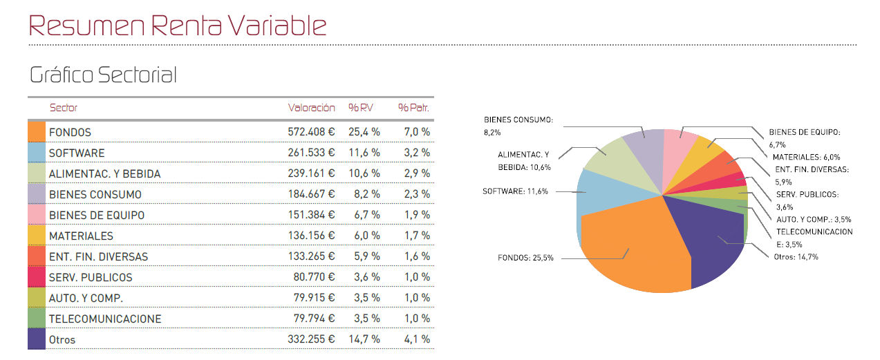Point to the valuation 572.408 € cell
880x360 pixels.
pyautogui.click(x=311, y=132)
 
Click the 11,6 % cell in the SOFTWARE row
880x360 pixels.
pyautogui.click(x=364, y=153)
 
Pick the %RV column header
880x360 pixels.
pyautogui.click(x=360, y=108)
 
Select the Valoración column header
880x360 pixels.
pyautogui.click(x=311, y=108)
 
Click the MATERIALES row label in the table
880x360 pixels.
pyautogui.click(x=81, y=236)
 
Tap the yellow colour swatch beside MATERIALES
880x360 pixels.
pyautogui.click(x=37, y=236)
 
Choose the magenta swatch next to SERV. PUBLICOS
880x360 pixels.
pyautogui.click(x=37, y=277)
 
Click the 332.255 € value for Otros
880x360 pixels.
pyautogui.click(x=311, y=339)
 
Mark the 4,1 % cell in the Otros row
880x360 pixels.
pyautogui.click(x=417, y=339)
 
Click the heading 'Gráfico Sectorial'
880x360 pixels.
pyautogui.click(x=103, y=75)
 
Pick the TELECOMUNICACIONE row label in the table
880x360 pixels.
pyautogui.click(x=104, y=319)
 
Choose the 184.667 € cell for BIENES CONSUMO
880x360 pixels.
pyautogui.click(x=311, y=194)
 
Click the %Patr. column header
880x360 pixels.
pyautogui.click(x=413, y=108)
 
